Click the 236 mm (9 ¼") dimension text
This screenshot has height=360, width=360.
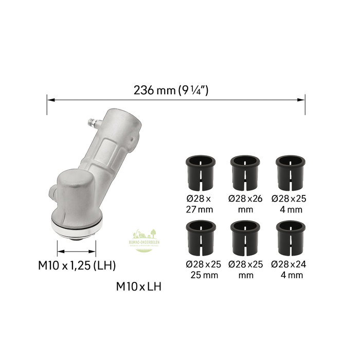[x=171, y=90]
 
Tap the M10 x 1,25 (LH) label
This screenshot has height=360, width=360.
[x=77, y=266]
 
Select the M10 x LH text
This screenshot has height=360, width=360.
[x=138, y=286]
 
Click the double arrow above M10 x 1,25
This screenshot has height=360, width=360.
[x=76, y=251]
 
